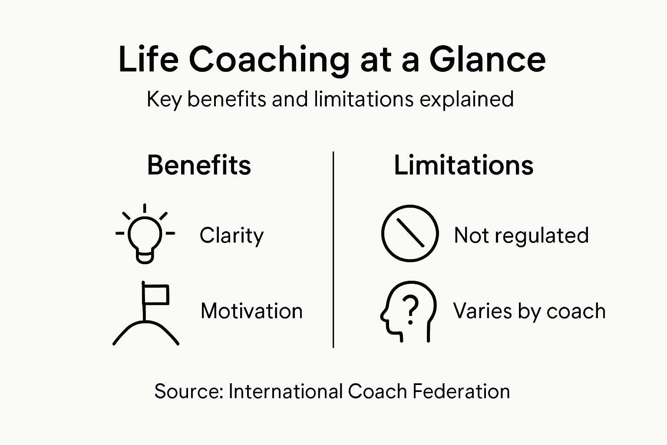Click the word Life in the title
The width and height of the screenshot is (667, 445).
click(148, 60)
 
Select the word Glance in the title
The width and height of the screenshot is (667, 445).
click(487, 60)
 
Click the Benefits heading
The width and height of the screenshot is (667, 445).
click(199, 165)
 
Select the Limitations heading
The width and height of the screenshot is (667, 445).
click(463, 165)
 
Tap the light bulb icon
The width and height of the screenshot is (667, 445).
click(145, 235)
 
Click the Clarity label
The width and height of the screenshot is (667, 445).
click(231, 236)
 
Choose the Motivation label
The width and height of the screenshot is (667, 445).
click(251, 311)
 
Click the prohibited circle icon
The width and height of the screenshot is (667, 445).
click(409, 233)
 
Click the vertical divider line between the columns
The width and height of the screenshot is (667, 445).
click(333, 250)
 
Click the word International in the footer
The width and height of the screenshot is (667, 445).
click(285, 391)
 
